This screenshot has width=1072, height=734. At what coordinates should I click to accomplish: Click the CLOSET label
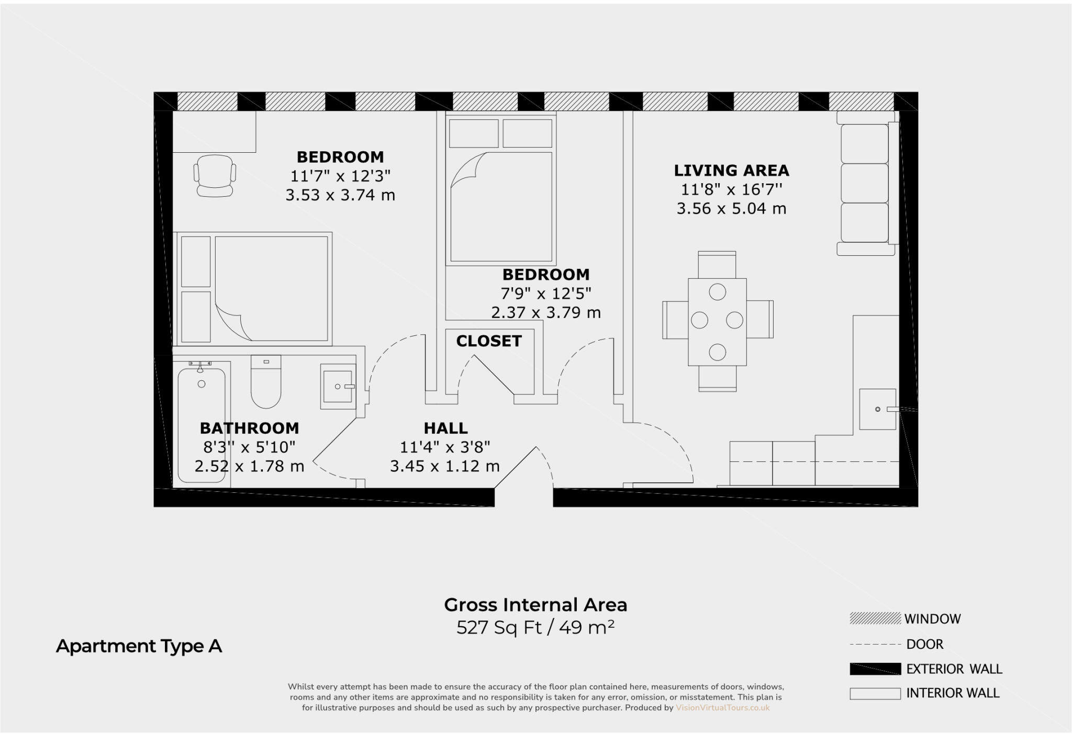[489, 341]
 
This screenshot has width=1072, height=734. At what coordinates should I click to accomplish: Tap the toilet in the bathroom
[266, 382]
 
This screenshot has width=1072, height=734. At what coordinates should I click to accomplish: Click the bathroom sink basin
[338, 387]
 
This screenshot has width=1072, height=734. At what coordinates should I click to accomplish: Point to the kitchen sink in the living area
[877, 409]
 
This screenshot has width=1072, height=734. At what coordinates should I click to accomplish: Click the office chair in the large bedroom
[215, 175]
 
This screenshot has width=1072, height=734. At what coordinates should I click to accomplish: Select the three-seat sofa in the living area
[865, 183]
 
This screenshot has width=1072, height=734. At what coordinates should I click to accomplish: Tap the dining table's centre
[717, 322]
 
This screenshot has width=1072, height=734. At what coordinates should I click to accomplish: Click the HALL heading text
[445, 428]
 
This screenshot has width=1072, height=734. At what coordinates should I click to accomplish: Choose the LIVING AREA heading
[731, 171]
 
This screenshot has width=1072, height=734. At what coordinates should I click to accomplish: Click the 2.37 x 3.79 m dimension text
[545, 313]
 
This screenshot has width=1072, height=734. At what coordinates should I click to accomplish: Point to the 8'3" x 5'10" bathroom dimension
[249, 447]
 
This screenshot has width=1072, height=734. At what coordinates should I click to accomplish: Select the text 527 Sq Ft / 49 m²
[535, 627]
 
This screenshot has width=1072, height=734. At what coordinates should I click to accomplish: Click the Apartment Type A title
[139, 647]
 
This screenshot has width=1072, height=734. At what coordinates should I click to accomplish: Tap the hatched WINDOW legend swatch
[875, 619]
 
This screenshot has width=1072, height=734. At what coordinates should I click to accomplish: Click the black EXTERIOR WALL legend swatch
[875, 669]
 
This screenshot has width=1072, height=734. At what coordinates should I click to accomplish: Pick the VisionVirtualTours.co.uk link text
[722, 708]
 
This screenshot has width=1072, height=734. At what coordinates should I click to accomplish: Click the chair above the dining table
[717, 265]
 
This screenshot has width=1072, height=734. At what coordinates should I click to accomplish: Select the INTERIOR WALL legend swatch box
[875, 693]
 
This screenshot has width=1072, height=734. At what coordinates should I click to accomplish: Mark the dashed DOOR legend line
[875, 644]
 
